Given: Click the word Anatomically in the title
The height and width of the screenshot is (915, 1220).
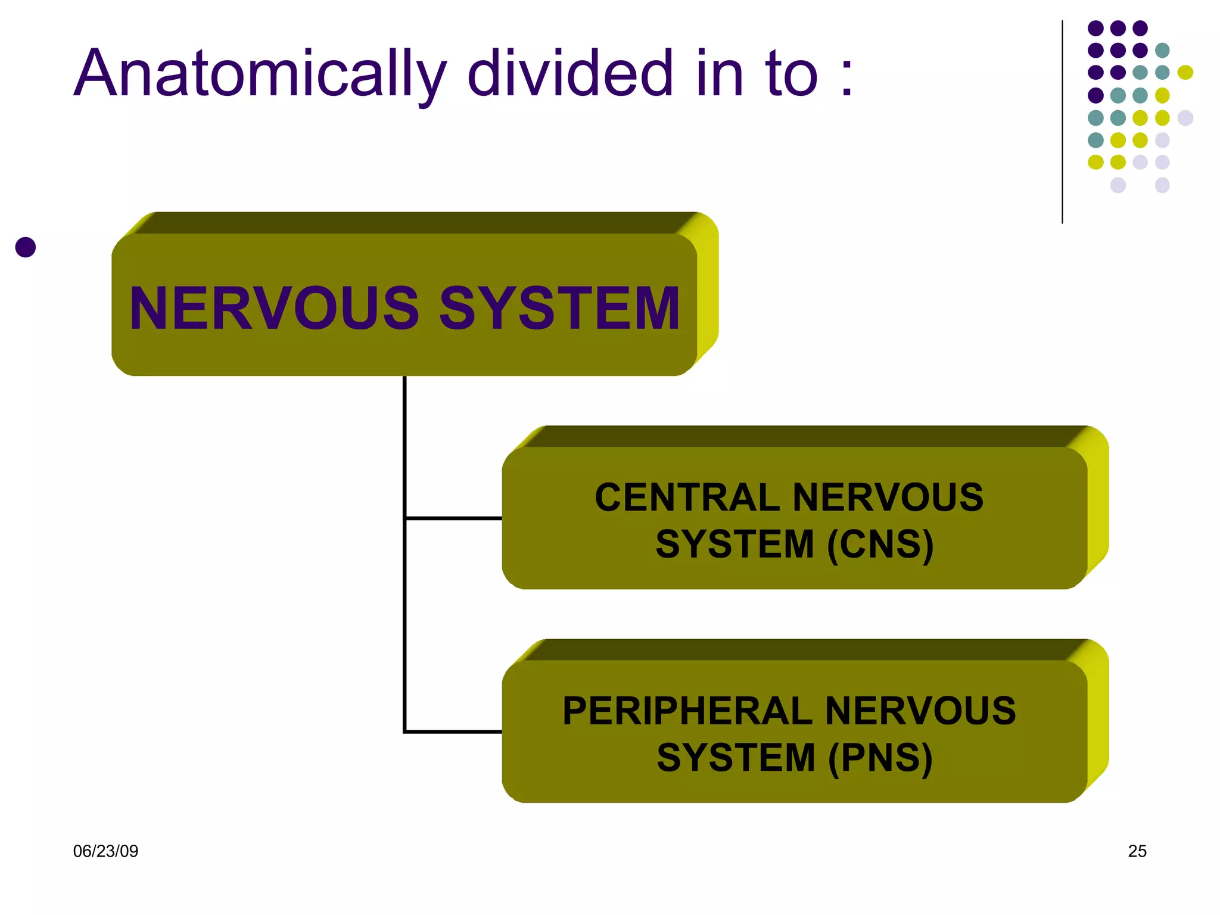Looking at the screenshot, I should (260, 74).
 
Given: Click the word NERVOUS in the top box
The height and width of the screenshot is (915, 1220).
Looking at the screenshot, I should (275, 308).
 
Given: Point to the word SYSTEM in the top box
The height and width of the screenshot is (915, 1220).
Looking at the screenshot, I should (559, 308).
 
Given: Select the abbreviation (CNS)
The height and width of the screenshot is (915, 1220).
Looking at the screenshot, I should (880, 544).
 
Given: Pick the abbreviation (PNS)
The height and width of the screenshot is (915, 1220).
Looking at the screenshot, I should (880, 758).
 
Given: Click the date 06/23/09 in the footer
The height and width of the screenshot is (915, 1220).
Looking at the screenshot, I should (105, 851).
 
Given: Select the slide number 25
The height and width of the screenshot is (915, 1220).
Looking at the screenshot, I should (1137, 851).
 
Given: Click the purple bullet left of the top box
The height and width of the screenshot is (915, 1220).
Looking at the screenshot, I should (26, 247).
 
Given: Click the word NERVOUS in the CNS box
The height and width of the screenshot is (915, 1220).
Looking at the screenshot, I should (888, 497).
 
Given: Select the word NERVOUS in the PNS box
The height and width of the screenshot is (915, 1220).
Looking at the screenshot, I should (920, 711).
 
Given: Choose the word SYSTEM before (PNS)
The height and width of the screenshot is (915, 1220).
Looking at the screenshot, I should (736, 758).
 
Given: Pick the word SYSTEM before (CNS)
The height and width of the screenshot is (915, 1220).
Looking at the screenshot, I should (735, 544).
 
